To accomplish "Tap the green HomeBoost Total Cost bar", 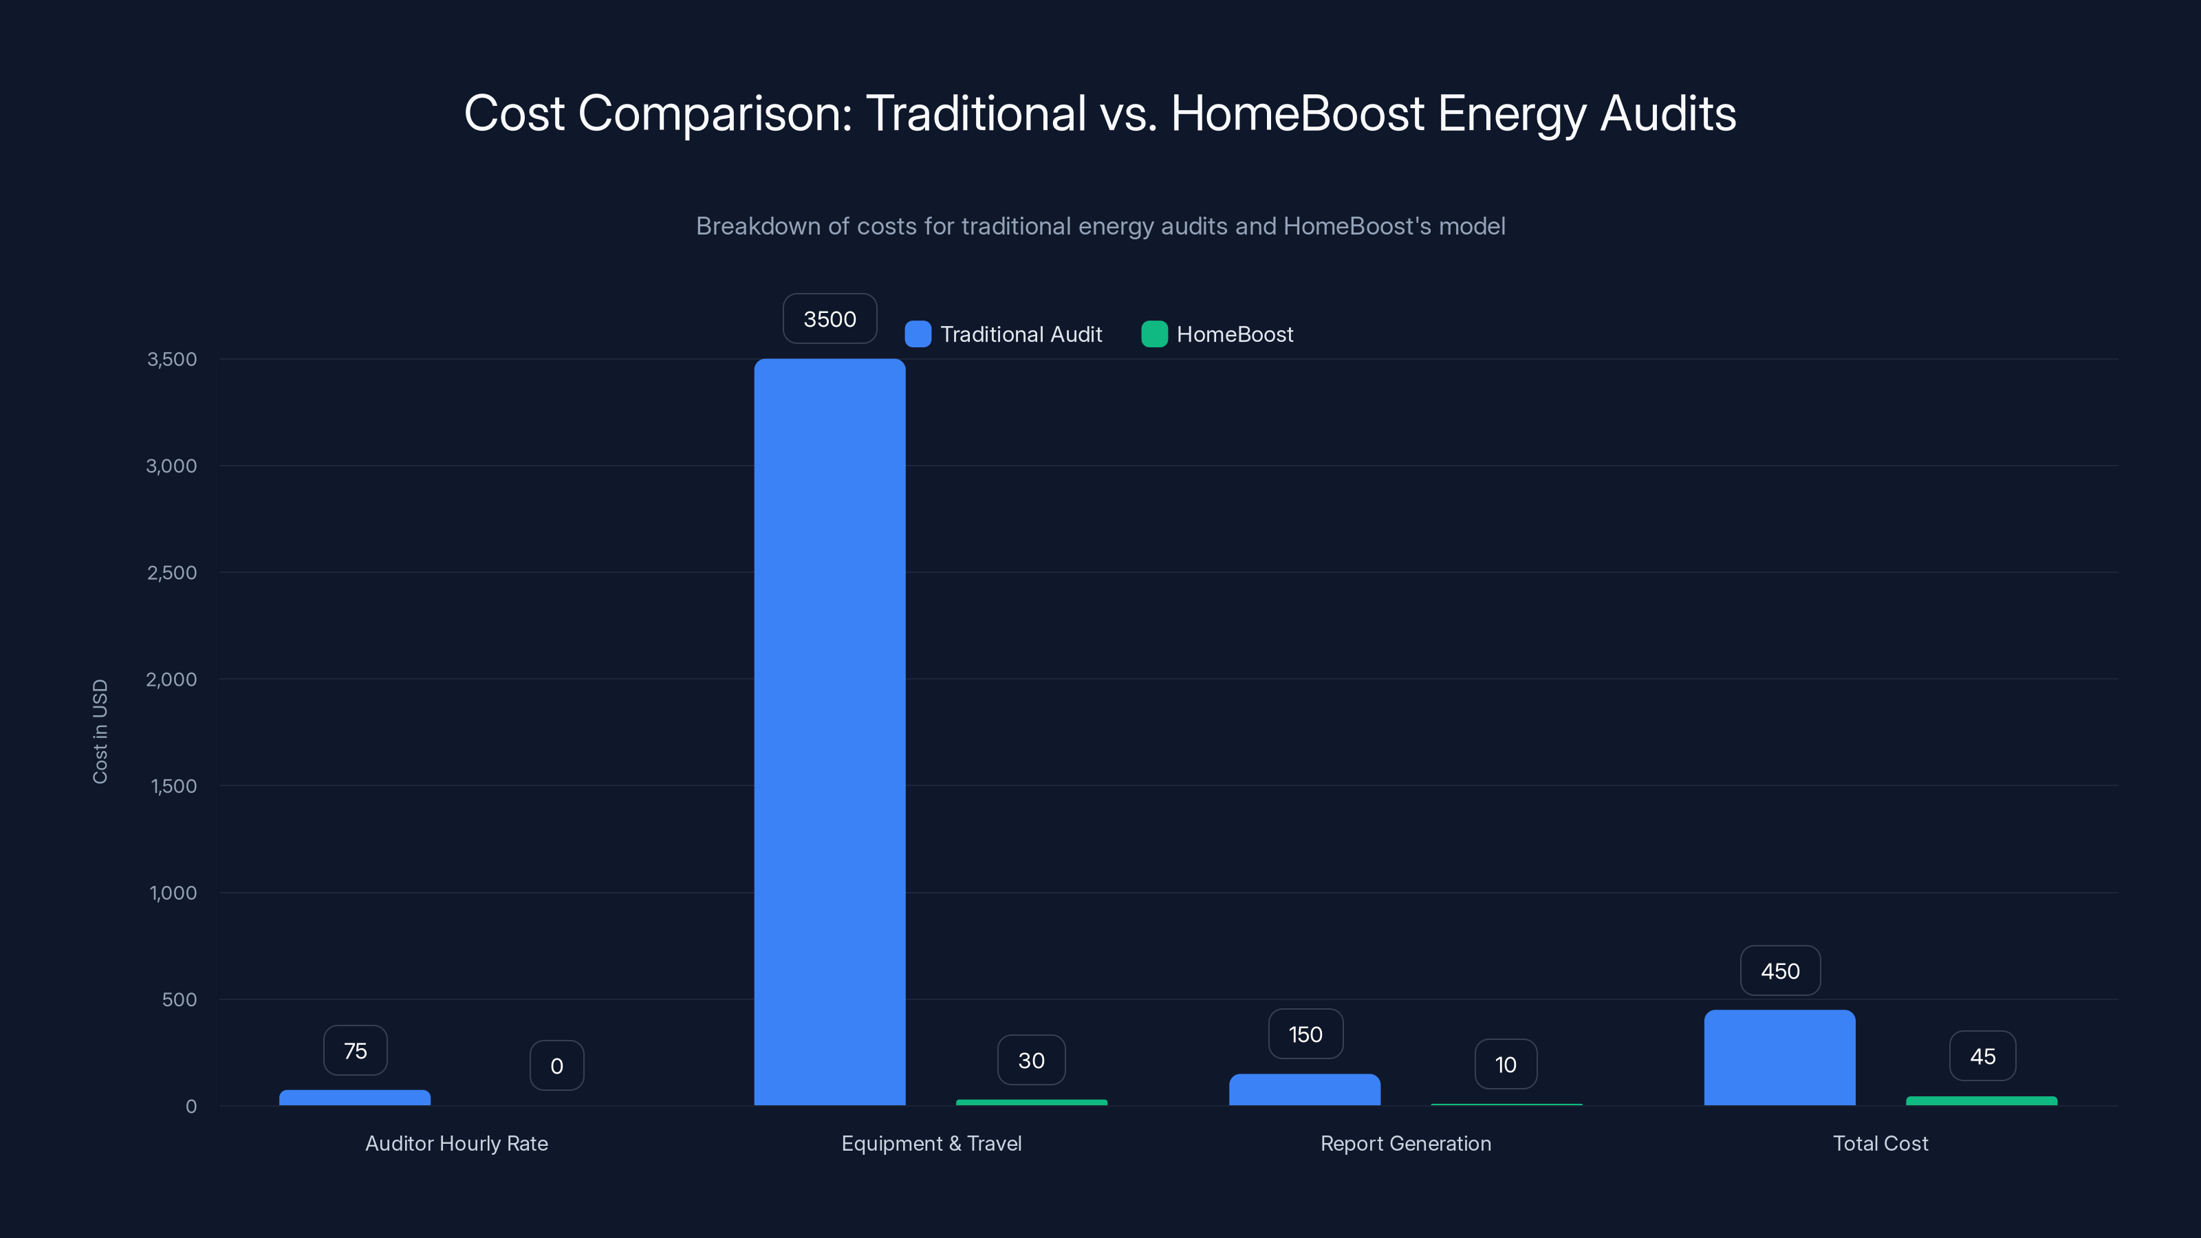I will pos(1982,1100).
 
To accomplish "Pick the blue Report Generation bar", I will pos(1305,1089).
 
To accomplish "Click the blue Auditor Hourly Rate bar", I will pos(355,1097).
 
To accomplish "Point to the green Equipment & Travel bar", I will pos(1031,1102).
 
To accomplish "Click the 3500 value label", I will pos(830,318).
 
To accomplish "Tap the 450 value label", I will pos(1780,970).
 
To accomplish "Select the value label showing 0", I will pos(556,1065).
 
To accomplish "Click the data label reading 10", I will pos(1506,1064).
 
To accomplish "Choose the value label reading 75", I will pos(355,1050).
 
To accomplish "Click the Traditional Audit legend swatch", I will pos(918,334).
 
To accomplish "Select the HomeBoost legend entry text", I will pos(1234,334).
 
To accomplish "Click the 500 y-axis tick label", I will pos(180,999).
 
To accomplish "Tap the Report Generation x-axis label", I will pos(1405,1143).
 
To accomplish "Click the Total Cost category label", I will pos(1880,1143).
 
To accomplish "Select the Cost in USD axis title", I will pos(100,731).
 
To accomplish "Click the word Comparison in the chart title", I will pos(715,113).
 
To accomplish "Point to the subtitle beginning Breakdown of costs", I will pos(1100,226).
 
